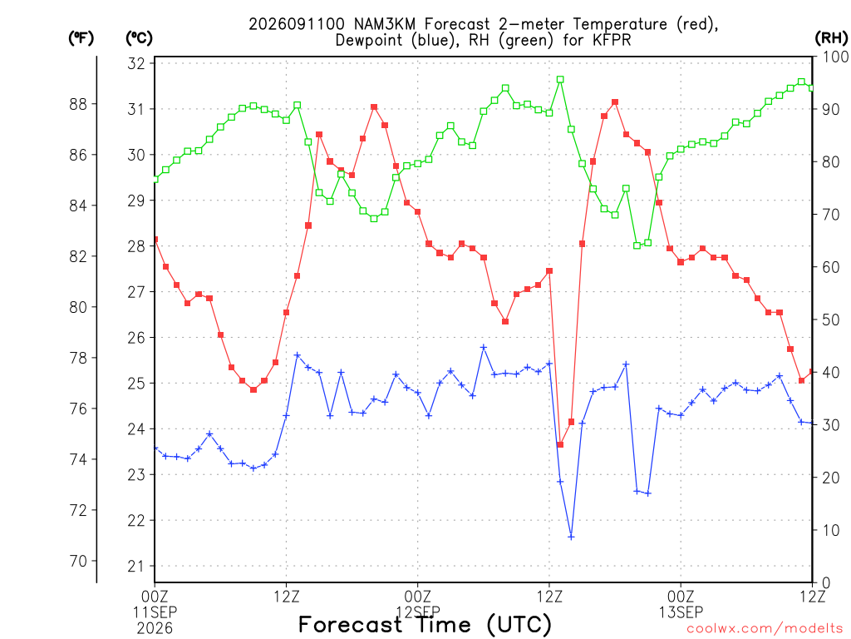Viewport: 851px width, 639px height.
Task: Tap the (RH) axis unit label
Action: pyautogui.click(x=831, y=38)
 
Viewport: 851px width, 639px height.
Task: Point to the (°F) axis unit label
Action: pyautogui.click(x=81, y=38)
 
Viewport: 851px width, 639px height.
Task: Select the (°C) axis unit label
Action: pyautogui.click(x=139, y=38)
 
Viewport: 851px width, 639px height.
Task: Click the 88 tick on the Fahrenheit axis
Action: pyautogui.click(x=78, y=104)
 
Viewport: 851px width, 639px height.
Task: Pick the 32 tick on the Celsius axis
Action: pyautogui.click(x=136, y=63)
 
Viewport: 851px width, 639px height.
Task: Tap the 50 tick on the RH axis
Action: pyautogui.click(x=831, y=319)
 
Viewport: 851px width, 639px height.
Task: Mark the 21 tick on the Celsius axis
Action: pyautogui.click(x=136, y=566)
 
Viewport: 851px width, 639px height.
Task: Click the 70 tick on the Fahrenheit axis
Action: pyautogui.click(x=78, y=561)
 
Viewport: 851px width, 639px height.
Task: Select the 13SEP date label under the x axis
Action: pyautogui.click(x=681, y=612)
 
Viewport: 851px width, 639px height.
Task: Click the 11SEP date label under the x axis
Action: pyautogui.click(x=155, y=612)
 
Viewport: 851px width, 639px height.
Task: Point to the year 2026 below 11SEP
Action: pyautogui.click(x=155, y=628)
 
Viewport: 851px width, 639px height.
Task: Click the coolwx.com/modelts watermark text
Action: pyautogui.click(x=765, y=628)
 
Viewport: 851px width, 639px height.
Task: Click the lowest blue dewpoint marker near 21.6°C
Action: pyautogui.click(x=571, y=537)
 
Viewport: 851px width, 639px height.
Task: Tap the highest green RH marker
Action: pyautogui.click(x=560, y=79)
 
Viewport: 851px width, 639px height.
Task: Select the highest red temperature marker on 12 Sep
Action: pyautogui.click(x=615, y=102)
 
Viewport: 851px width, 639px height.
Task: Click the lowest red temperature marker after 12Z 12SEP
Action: pyautogui.click(x=560, y=444)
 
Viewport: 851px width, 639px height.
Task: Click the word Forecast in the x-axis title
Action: pyautogui.click(x=350, y=624)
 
